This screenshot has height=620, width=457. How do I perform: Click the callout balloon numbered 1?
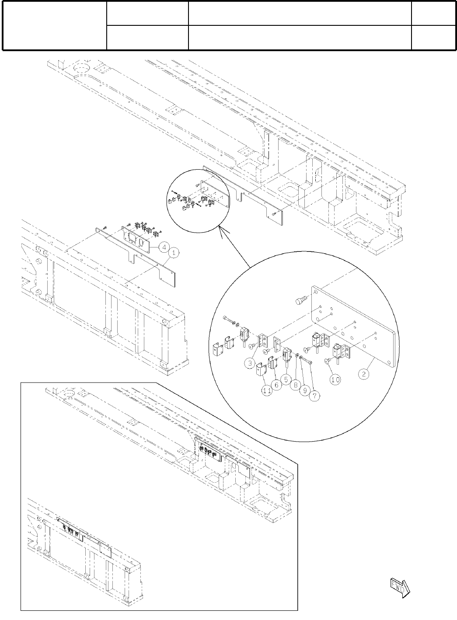click(173, 252)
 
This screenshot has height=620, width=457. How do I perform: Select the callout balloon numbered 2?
click(363, 375)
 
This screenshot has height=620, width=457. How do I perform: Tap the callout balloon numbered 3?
click(250, 362)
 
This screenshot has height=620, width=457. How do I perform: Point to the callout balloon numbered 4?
click(163, 247)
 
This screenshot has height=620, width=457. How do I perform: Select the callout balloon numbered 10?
click(335, 380)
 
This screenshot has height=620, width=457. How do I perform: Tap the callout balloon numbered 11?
click(267, 391)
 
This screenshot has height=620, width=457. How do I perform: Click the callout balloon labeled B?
click(297, 385)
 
